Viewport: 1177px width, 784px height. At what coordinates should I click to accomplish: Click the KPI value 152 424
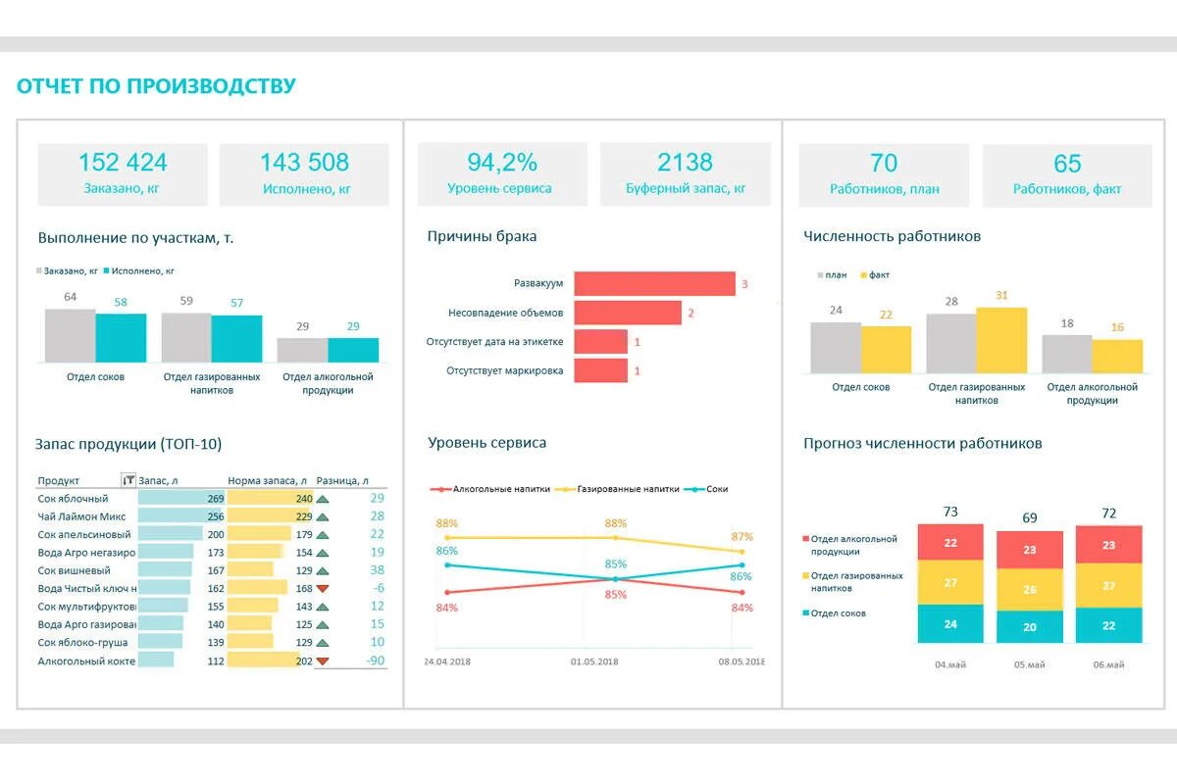pyautogui.click(x=123, y=163)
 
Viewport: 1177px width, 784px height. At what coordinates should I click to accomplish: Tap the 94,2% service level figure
pyautogui.click(x=502, y=163)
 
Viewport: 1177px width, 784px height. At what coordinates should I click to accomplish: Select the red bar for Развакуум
pyautogui.click(x=654, y=283)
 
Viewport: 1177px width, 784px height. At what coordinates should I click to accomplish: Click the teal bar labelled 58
pyautogui.click(x=121, y=337)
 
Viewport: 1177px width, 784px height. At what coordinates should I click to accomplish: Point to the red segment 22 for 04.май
pyautogui.click(x=950, y=542)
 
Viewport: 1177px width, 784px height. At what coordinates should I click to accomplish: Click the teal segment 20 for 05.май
pyautogui.click(x=1030, y=627)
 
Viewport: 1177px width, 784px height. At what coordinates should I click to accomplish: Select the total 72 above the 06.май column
pyautogui.click(x=1109, y=513)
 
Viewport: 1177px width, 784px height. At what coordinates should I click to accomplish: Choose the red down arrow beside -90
pyautogui.click(x=322, y=661)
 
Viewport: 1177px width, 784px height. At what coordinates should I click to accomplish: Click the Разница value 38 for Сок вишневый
pyautogui.click(x=377, y=570)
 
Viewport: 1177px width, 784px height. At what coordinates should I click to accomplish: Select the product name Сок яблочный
pyautogui.click(x=74, y=498)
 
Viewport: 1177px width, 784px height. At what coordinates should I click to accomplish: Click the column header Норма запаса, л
pyautogui.click(x=267, y=481)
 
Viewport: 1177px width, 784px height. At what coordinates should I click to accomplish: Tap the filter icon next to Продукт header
pyautogui.click(x=128, y=480)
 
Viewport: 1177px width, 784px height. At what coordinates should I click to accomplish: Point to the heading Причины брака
pyautogui.click(x=482, y=236)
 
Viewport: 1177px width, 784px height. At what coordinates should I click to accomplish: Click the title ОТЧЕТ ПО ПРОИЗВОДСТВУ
pyautogui.click(x=156, y=86)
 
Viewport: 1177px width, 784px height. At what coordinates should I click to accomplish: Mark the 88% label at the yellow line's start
pyautogui.click(x=447, y=522)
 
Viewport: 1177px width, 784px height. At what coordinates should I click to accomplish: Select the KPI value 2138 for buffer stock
pyautogui.click(x=685, y=163)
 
